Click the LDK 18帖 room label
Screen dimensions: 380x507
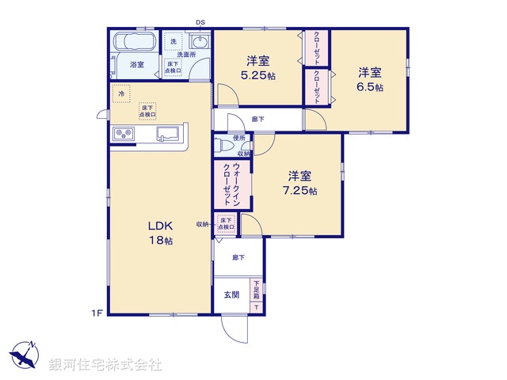158,233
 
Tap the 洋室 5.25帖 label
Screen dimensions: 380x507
259,68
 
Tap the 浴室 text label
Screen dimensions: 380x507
136,64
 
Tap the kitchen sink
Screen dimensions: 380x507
169,134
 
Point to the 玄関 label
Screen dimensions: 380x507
231,295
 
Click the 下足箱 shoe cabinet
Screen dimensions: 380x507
257,295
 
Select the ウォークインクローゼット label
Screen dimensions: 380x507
231,182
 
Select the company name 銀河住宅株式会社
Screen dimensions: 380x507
105,365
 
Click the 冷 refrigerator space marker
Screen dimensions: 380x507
121,93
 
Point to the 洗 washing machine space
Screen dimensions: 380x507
173,41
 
